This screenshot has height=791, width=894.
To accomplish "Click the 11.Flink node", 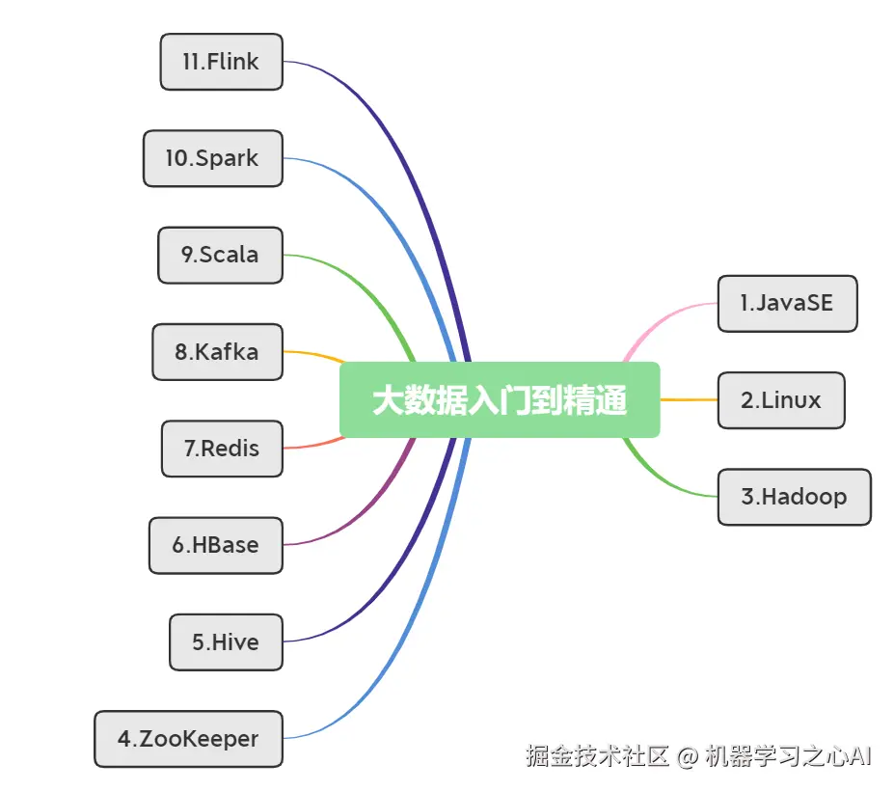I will pos(221,62).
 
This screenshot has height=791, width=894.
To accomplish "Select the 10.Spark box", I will pos(212,158).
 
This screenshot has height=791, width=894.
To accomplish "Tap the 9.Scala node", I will pos(220,255).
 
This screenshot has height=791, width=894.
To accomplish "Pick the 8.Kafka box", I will pos(217,351).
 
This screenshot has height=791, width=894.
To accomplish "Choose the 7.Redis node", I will pos(222,449).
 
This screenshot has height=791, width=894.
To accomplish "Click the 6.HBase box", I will pos(216,545).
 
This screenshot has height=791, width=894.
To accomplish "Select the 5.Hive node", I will pos(226,641).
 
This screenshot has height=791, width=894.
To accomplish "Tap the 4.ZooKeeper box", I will pos(189,739).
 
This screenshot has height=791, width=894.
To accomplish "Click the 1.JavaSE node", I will pos(787,303).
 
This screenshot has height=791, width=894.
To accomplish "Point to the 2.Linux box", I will pos(781,399).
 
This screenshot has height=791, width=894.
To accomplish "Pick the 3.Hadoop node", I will pos(794,497).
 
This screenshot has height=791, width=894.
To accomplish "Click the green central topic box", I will pos(500,399).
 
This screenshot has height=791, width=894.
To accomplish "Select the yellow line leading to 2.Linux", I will pos(689,399).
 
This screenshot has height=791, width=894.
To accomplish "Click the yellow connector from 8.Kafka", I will pos(313,354).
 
